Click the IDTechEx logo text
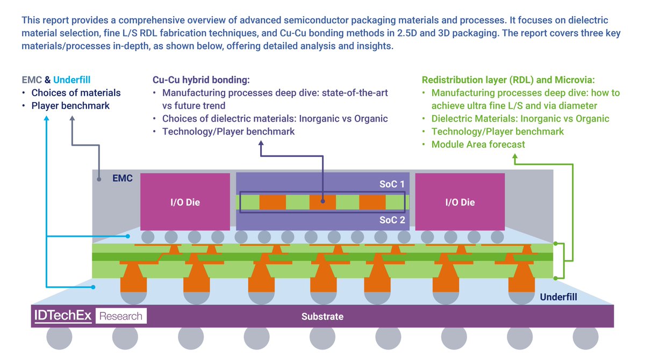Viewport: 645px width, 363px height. (63, 316)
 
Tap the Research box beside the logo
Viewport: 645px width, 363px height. (121, 316)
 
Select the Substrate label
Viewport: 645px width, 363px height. (322, 316)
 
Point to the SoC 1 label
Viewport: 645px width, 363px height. (391, 184)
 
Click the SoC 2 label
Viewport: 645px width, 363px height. (391, 220)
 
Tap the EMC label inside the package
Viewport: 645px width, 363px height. (122, 178)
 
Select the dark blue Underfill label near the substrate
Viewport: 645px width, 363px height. (558, 296)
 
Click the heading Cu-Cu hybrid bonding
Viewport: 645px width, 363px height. (202, 80)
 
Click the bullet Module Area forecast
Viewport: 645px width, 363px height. (478, 144)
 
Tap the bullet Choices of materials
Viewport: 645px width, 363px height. (75, 93)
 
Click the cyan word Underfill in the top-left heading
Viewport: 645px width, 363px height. (76, 80)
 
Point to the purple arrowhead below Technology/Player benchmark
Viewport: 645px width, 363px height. (261, 144)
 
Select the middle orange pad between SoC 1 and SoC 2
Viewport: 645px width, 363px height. (322, 202)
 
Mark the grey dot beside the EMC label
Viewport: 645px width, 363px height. (99, 179)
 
